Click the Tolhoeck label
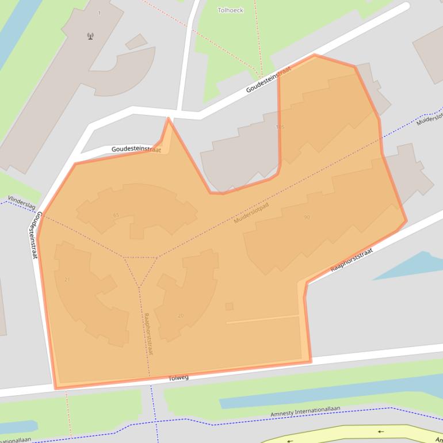tap(231, 10)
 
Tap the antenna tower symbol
tap(90, 36)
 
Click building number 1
tap(99, 13)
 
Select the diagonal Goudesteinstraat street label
tap(268, 79)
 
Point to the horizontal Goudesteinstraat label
tap(136, 149)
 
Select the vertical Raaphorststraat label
tap(148, 334)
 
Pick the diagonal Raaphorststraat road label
tap(352, 260)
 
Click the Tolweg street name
tap(178, 378)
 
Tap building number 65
tap(116, 215)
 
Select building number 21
tap(67, 280)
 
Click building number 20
tap(181, 315)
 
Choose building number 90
tap(307, 217)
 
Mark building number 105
tap(280, 127)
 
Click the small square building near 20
tap(230, 307)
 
